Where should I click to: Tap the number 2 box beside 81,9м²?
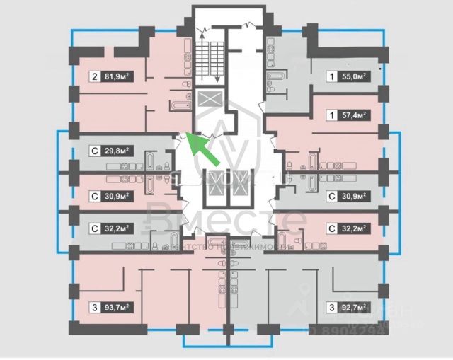click(93, 78)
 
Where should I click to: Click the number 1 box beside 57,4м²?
click(331, 114)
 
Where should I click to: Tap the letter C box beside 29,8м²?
click(93, 151)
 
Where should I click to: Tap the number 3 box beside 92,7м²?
click(331, 307)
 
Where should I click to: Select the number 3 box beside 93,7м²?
click(93, 307)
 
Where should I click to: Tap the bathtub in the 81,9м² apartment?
click(178, 107)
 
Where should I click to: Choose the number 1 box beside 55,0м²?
click(331, 78)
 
